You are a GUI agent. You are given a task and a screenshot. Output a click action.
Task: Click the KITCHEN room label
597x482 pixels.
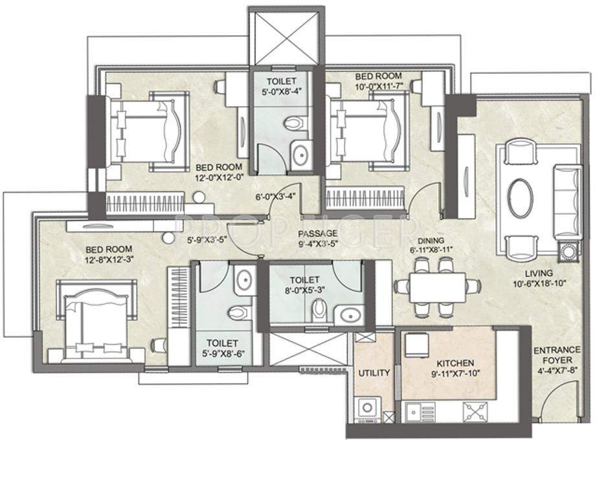click(455, 363)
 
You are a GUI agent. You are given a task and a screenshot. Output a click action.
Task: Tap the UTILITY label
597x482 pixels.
click(374, 373)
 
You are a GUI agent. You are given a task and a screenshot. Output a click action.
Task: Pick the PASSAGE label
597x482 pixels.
click(317, 234)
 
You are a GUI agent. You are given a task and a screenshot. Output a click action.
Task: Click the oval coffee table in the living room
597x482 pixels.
click(520, 198)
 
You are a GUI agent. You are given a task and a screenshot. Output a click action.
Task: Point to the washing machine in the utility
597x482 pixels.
click(368, 409)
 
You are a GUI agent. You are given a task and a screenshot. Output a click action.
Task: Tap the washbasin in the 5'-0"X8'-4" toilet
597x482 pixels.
click(300, 155)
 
